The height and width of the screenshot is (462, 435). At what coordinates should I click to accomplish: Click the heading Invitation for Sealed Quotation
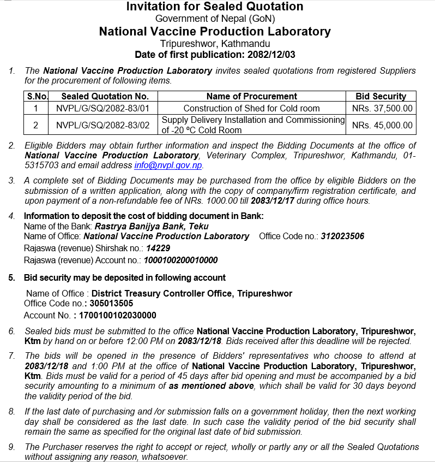coord(215,7)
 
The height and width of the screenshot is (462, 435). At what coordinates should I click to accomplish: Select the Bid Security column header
coord(381,96)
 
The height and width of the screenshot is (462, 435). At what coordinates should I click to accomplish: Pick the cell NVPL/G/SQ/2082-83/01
coord(102,108)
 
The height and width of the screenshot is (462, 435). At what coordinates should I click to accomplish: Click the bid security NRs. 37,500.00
coord(382,108)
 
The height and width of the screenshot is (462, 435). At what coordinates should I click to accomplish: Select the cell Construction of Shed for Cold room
coord(251,108)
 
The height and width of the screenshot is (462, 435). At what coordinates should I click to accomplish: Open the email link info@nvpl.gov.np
coord(168,165)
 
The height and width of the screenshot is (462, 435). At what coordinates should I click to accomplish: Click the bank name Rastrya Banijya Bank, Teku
coord(152,226)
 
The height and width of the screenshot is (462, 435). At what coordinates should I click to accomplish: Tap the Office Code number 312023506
coord(342,236)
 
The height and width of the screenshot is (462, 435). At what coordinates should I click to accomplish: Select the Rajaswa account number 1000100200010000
coord(180,260)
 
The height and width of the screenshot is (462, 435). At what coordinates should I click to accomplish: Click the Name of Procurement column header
coord(251,96)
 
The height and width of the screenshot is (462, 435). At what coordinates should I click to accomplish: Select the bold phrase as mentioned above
coord(211,386)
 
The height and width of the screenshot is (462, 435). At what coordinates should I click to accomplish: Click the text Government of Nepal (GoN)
coord(214,19)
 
